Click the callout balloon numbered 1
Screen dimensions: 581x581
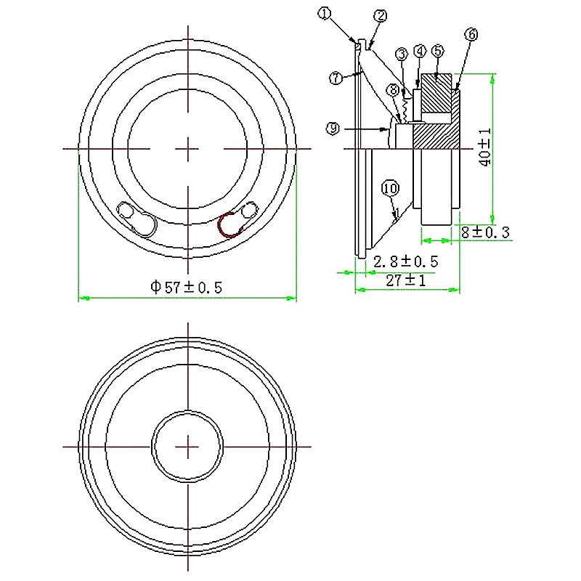(x=324, y=12)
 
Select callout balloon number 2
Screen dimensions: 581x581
(x=380, y=16)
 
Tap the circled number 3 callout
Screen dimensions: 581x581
(x=402, y=54)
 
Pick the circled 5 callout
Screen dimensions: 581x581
(x=437, y=51)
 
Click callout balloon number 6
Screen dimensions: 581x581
(x=471, y=34)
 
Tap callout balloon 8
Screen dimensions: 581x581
(x=393, y=90)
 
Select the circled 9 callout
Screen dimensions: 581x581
(x=333, y=129)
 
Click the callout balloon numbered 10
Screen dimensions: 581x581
(x=390, y=189)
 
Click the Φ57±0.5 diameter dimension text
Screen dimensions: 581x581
(x=186, y=287)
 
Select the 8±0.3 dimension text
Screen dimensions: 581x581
(x=486, y=232)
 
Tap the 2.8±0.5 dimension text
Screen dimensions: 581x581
(x=405, y=261)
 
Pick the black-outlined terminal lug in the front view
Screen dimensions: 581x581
(x=138, y=219)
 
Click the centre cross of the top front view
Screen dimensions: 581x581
(x=188, y=149)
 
